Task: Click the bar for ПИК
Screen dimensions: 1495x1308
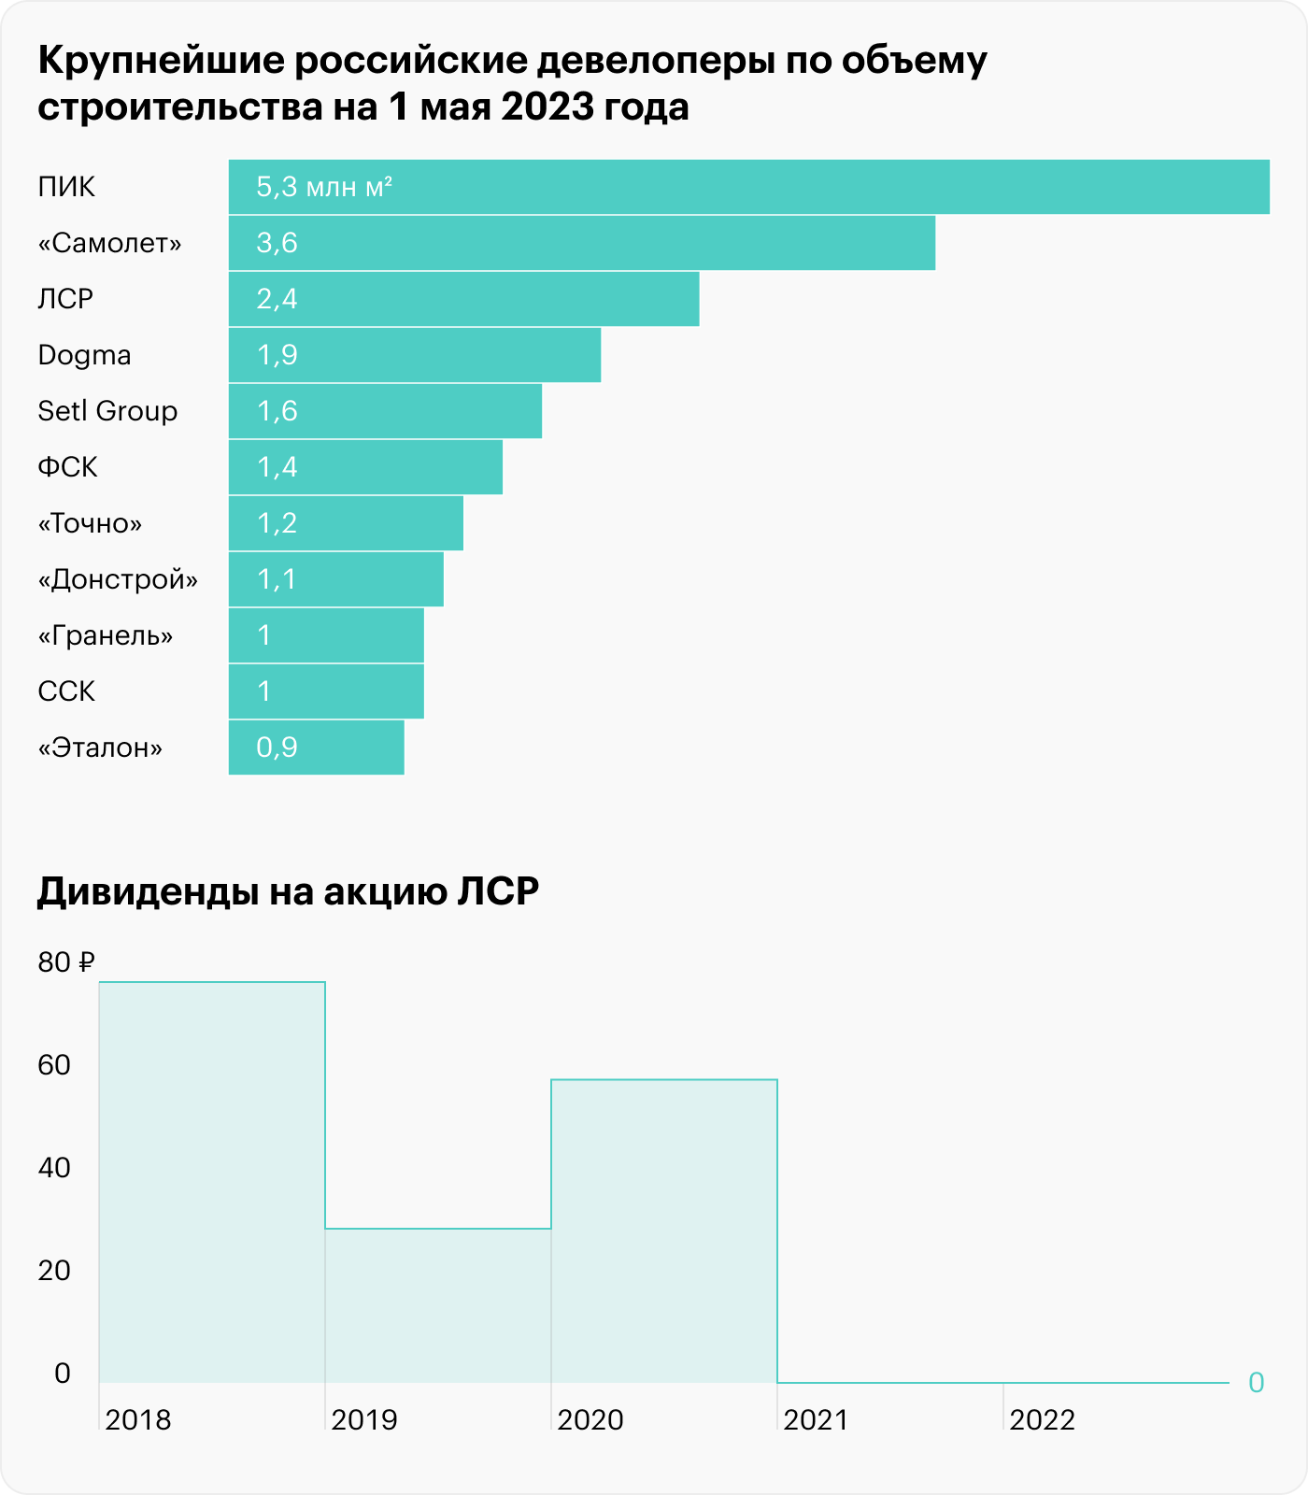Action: click(747, 187)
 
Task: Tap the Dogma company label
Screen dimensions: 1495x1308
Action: click(84, 355)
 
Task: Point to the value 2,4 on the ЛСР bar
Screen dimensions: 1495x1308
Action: click(277, 299)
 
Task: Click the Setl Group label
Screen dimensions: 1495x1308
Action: click(107, 411)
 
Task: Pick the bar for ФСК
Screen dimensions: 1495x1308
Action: click(365, 467)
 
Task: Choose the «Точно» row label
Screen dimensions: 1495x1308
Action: click(90, 523)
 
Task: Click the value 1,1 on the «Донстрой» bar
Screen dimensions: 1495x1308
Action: click(277, 579)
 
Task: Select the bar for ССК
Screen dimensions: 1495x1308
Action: click(326, 691)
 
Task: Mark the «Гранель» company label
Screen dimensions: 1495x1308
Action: click(106, 635)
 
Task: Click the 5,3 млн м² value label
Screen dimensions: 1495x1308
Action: click(323, 187)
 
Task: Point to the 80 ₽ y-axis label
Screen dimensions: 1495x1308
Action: click(66, 962)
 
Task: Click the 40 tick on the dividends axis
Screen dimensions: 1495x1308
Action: click(54, 1168)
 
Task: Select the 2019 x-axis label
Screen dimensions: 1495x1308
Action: click(364, 1420)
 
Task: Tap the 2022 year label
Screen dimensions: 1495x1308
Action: click(1043, 1420)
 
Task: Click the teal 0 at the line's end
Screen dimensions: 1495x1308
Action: click(1256, 1383)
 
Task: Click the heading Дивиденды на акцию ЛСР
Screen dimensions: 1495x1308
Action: click(288, 892)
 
